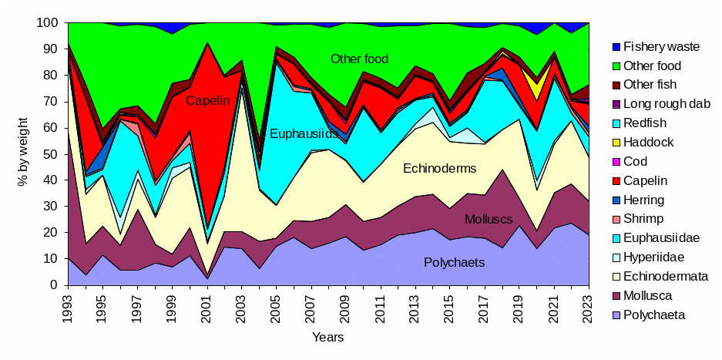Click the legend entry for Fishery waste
tap(661, 46)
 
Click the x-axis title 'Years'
tap(327, 337)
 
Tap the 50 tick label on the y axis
tap(50, 154)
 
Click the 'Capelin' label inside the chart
tap(207, 100)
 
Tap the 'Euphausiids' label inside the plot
tap(304, 134)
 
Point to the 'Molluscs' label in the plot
tap(488, 220)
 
